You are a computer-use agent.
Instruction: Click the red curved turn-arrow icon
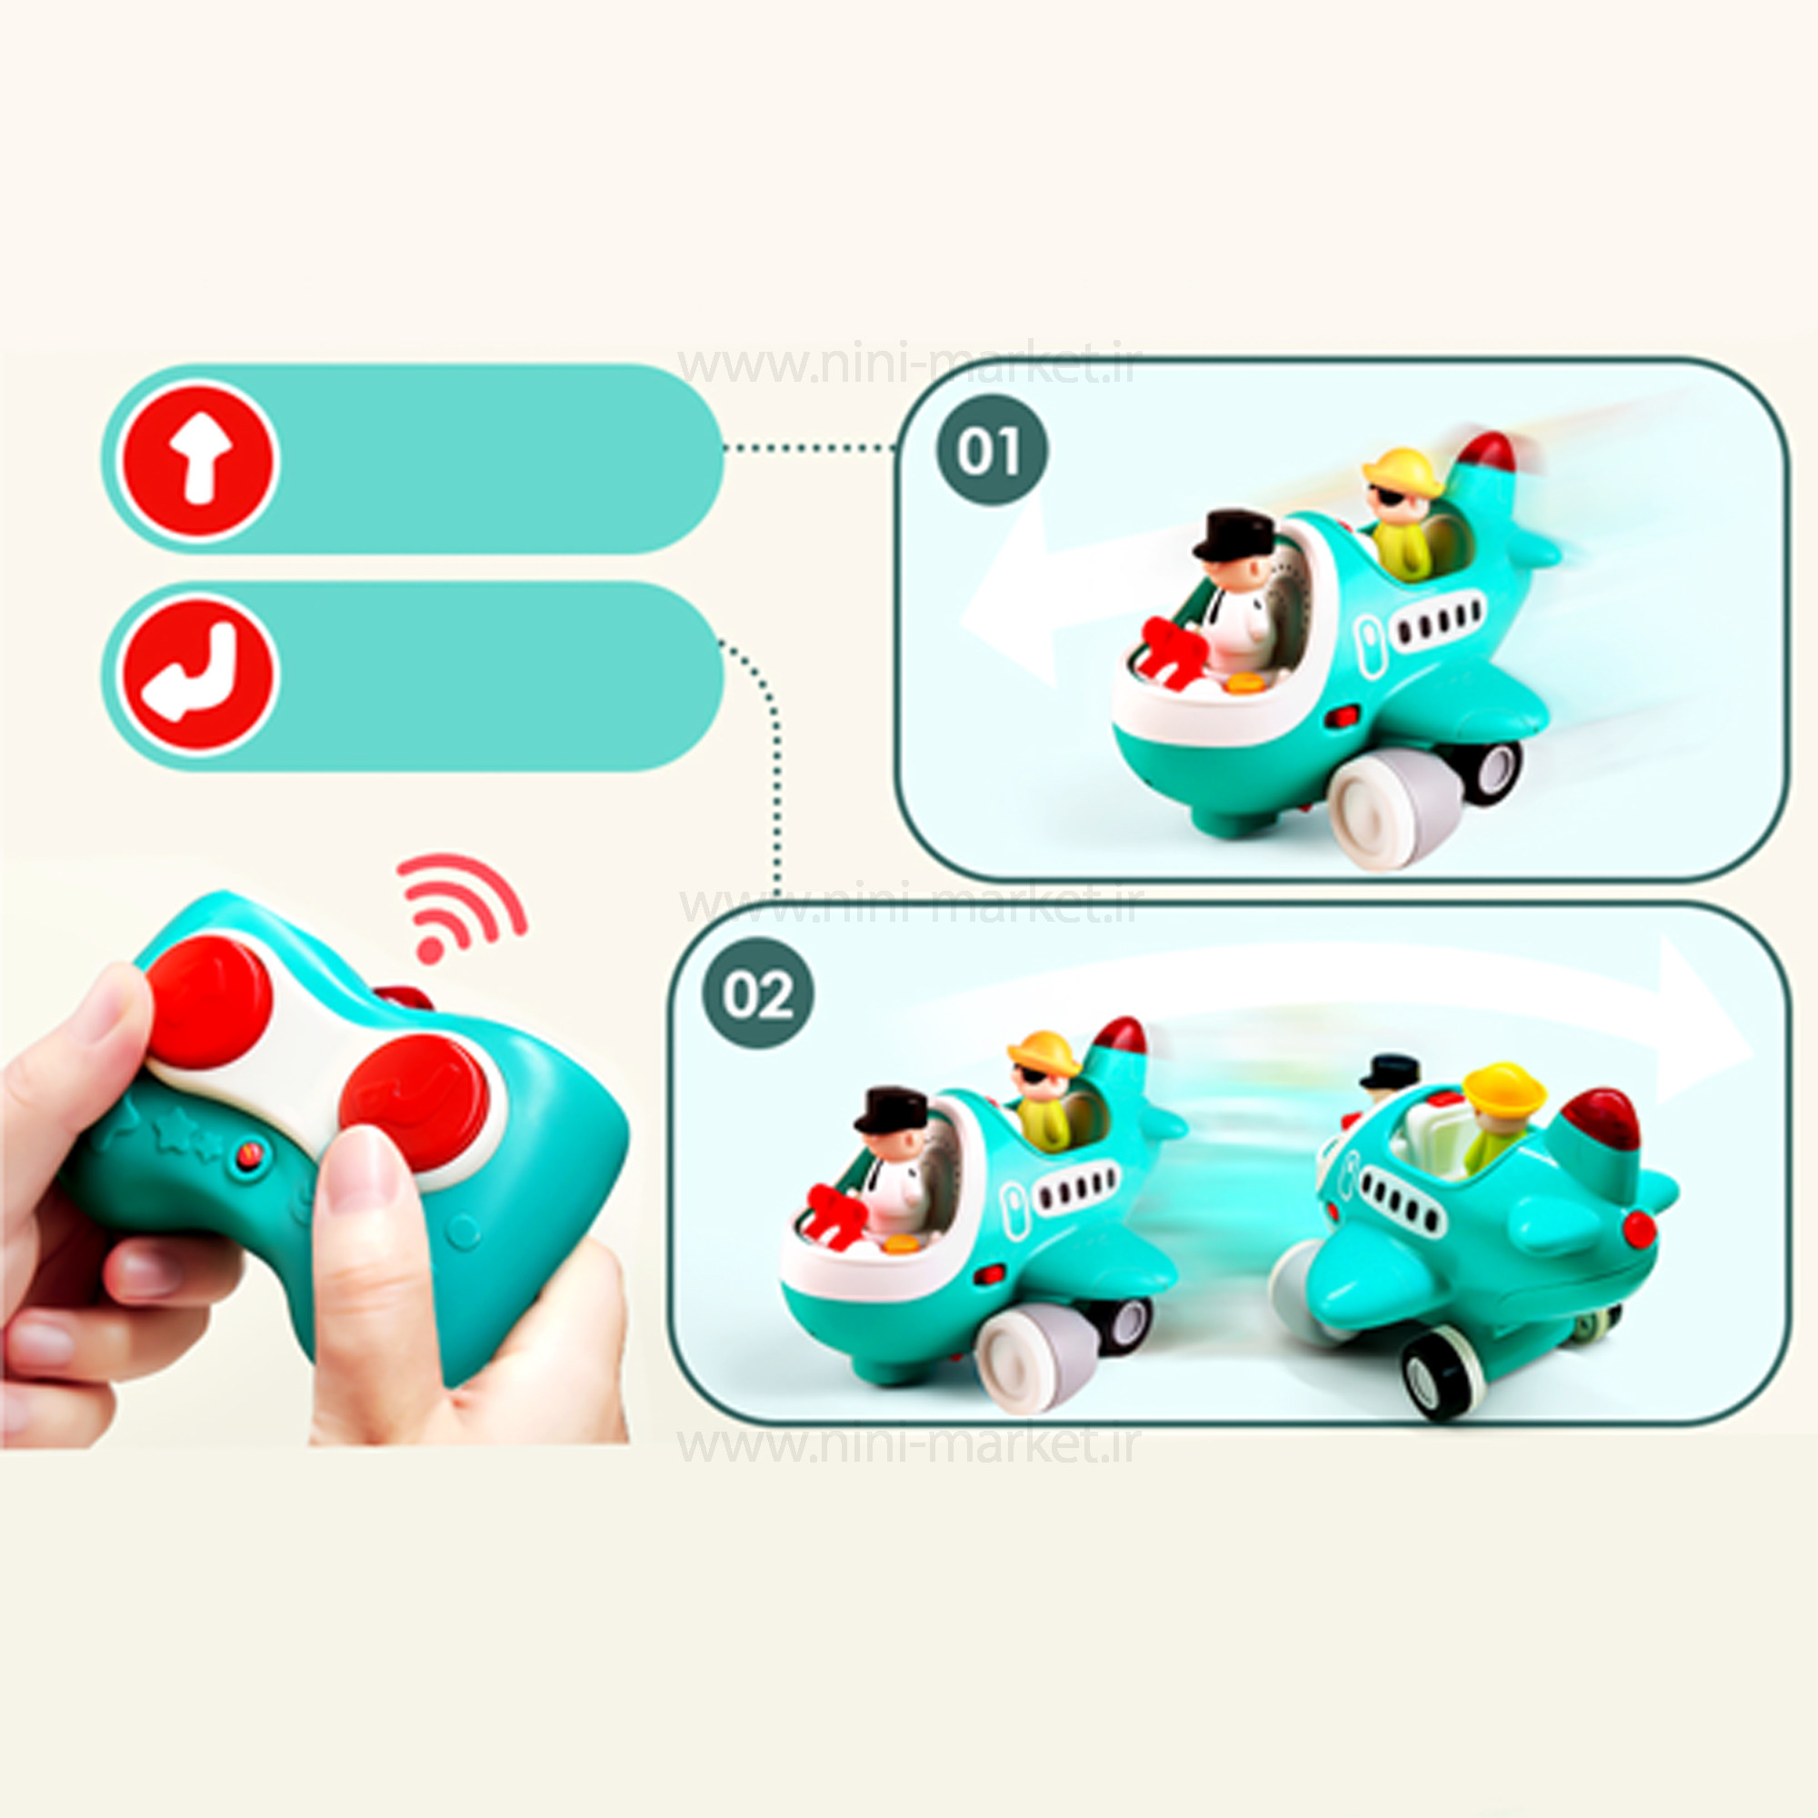pyautogui.click(x=198, y=674)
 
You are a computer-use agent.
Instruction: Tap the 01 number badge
pyautogui.click(x=992, y=450)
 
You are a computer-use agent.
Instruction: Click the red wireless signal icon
pyautogui.click(x=459, y=907)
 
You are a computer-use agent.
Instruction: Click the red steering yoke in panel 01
pyautogui.click(x=1175, y=647)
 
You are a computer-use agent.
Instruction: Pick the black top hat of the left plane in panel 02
pyautogui.click(x=890, y=1111)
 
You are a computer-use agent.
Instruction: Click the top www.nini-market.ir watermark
pyautogui.click(x=909, y=366)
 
